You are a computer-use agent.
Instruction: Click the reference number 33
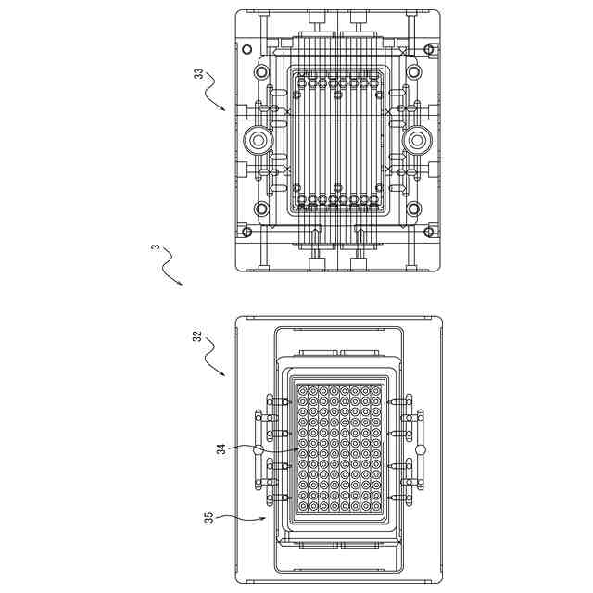click(198, 73)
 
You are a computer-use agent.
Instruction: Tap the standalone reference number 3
click(155, 247)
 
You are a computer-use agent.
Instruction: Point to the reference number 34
click(221, 449)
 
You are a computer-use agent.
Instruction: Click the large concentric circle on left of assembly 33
click(257, 141)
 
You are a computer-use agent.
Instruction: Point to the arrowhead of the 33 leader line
click(224, 110)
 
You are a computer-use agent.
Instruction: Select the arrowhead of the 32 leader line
click(224, 375)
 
